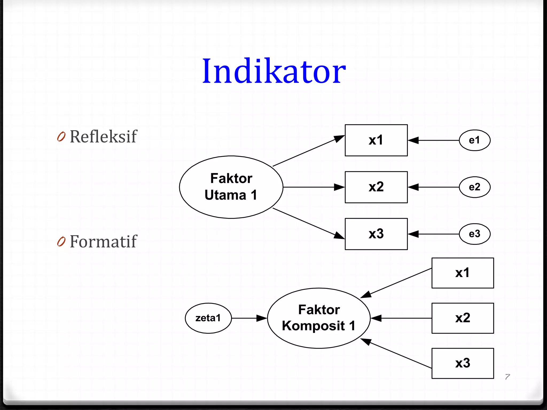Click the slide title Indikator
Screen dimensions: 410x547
coord(274,71)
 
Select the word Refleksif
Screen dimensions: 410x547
coord(103,137)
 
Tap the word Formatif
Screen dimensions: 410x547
coord(103,242)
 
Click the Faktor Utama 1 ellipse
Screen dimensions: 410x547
coord(231,187)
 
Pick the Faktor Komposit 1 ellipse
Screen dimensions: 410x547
coord(319,318)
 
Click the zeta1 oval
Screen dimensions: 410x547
coord(208,318)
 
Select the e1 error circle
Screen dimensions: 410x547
coord(474,140)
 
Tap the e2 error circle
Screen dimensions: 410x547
coord(474,187)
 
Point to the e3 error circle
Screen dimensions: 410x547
coord(474,234)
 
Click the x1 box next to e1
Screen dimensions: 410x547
coord(376,140)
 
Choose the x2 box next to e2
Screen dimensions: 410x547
coord(376,187)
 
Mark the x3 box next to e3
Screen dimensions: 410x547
coord(376,234)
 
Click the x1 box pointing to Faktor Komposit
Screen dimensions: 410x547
coord(463,273)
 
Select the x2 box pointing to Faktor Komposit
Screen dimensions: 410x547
coord(463,318)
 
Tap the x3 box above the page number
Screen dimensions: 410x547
coord(463,363)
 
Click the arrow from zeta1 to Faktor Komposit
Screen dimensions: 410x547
coord(248,318)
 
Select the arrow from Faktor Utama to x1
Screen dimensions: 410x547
coord(307,151)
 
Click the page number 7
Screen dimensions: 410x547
coord(507,377)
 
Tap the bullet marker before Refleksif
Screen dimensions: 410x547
coord(61,137)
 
